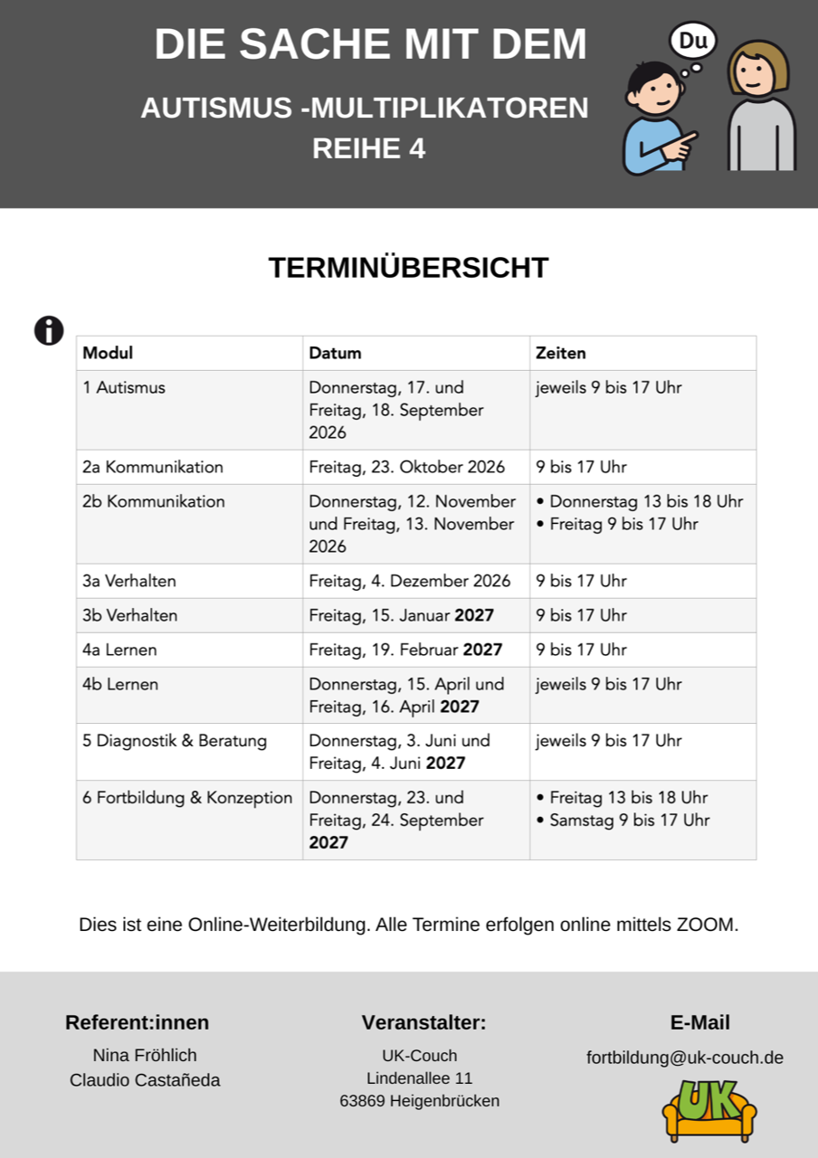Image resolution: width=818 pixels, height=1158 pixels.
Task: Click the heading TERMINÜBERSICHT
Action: click(408, 268)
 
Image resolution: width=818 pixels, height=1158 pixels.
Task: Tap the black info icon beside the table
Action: click(49, 330)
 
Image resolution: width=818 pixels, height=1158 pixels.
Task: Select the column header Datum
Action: click(335, 353)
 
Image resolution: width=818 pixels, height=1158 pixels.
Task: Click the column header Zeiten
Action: click(560, 353)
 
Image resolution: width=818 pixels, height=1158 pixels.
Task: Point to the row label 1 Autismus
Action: click(124, 387)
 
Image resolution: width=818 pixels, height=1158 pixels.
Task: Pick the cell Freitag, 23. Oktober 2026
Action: click(406, 467)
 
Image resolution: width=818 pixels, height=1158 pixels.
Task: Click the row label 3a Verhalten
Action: click(129, 581)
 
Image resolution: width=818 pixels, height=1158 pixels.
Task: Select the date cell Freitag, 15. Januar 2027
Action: click(401, 615)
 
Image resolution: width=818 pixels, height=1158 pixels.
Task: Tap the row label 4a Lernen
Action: click(119, 650)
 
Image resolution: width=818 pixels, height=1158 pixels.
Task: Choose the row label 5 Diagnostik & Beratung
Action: click(175, 740)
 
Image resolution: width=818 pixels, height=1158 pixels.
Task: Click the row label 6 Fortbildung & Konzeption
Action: click(187, 797)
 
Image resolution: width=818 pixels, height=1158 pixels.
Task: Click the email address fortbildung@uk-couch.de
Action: click(685, 1058)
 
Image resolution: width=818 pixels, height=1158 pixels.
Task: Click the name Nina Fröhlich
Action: click(145, 1055)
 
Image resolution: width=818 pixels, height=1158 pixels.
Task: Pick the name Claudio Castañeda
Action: click(145, 1080)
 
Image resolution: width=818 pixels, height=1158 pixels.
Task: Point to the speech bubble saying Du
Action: click(692, 42)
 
